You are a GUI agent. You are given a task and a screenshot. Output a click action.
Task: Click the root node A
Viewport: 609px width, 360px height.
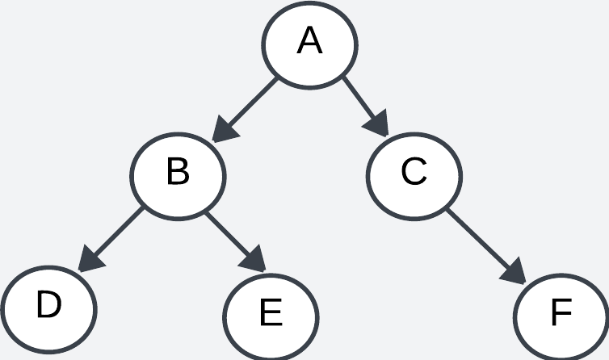coord(310,44)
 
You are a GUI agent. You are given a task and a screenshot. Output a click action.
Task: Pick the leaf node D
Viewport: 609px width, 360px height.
coord(48,308)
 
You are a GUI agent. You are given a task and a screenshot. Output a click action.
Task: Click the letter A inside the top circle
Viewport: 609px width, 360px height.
coord(310,41)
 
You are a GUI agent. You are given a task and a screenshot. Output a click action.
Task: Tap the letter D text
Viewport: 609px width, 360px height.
coord(48,306)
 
